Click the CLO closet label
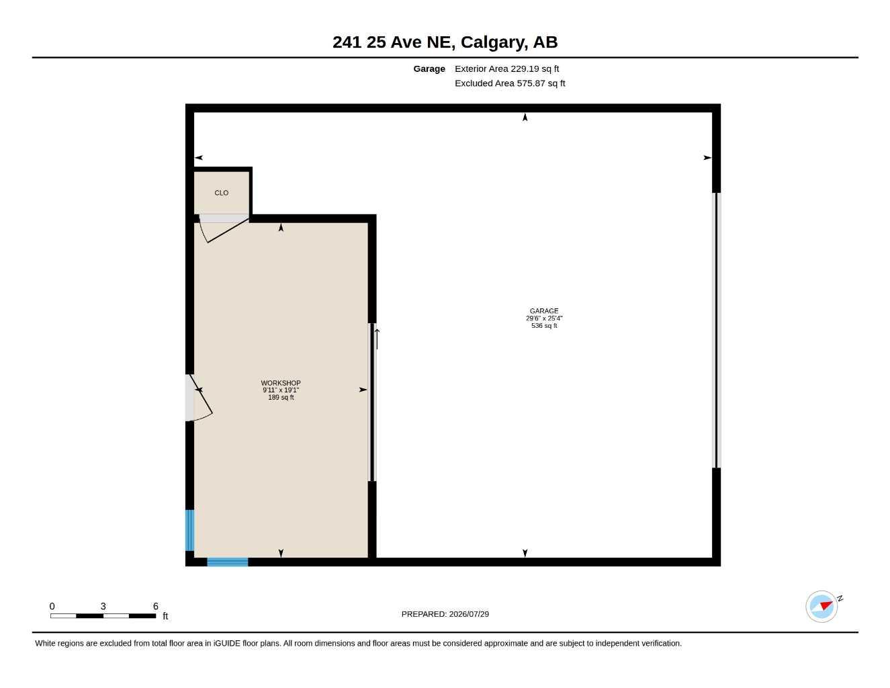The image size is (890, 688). pyautogui.click(x=221, y=192)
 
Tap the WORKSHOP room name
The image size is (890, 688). pyautogui.click(x=281, y=383)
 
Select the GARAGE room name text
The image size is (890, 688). pyautogui.click(x=544, y=311)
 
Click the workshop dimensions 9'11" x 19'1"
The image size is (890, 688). pyautogui.click(x=281, y=390)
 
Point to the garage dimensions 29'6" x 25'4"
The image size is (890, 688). pyautogui.click(x=544, y=318)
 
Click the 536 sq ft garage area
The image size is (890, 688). pyautogui.click(x=544, y=326)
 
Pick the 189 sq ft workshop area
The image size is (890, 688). pyautogui.click(x=281, y=397)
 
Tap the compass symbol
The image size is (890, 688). pyautogui.click(x=821, y=606)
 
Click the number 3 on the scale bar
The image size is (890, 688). pyautogui.click(x=103, y=606)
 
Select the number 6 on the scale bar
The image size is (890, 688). pyautogui.click(x=156, y=606)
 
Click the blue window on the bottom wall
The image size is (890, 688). pyautogui.click(x=227, y=562)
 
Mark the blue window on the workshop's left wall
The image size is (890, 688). pyautogui.click(x=189, y=530)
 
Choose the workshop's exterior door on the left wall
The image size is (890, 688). pyautogui.click(x=199, y=398)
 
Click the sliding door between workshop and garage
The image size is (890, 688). pyautogui.click(x=373, y=402)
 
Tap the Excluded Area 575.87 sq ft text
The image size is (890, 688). pyautogui.click(x=510, y=83)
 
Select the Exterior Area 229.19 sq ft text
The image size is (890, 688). pyautogui.click(x=506, y=69)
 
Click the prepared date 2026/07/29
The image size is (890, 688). pyautogui.click(x=469, y=614)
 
